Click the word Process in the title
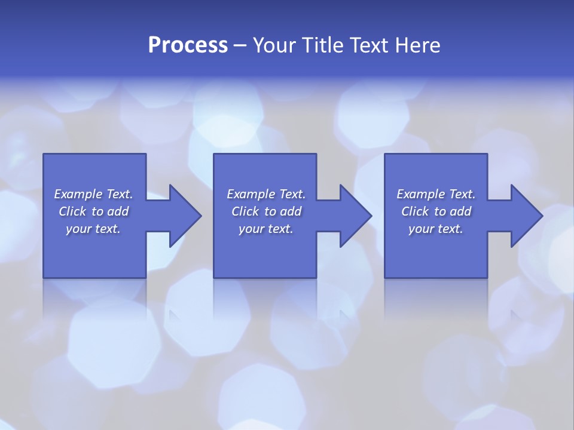[188, 45]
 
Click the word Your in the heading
[275, 45]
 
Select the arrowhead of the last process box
[526, 216]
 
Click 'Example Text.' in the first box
[93, 194]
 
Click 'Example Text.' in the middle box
[266, 194]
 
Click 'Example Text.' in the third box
[436, 194]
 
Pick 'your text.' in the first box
[93, 229]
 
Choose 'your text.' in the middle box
[266, 229]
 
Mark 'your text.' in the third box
[436, 229]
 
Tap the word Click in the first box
[72, 211]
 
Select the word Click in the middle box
[245, 211]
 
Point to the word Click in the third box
[415, 211]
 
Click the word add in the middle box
[291, 211]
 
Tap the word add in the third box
[460, 211]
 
